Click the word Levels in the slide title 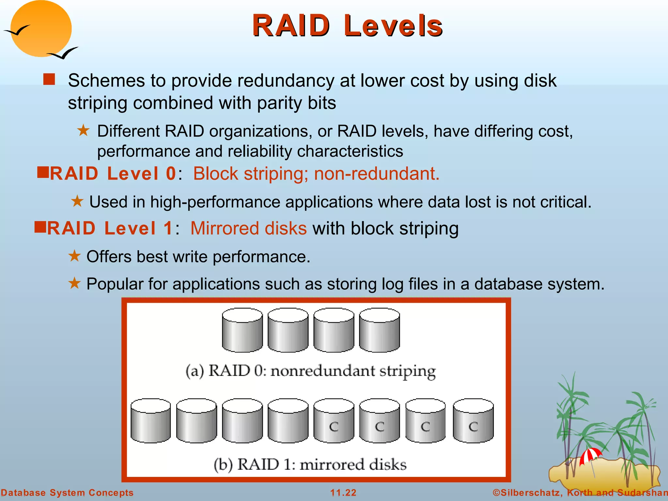tap(393, 26)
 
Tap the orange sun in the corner tap(41, 29)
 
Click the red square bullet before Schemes tap(49, 79)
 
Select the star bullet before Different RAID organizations tap(83, 130)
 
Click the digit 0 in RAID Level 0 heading tap(171, 174)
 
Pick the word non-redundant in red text tap(376, 174)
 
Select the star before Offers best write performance tap(74, 256)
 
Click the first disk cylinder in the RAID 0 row tap(242, 330)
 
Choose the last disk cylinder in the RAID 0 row tap(379, 330)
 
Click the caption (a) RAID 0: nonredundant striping tap(311, 371)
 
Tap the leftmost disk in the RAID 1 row tap(150, 421)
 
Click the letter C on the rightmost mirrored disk tap(473, 426)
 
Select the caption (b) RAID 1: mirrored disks tap(310, 464)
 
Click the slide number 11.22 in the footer tap(343, 493)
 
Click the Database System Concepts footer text tap(67, 493)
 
